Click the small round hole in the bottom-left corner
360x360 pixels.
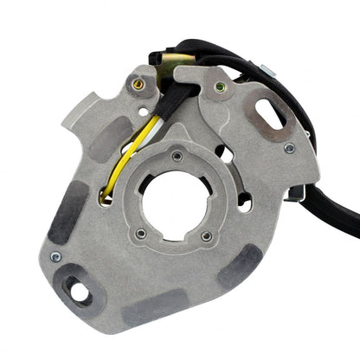[80, 292]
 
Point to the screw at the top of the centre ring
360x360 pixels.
[177, 157]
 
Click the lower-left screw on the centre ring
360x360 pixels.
[140, 233]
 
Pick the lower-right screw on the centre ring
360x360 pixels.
[206, 235]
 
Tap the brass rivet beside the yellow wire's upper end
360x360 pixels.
[138, 85]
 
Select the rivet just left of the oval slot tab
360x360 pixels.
[220, 87]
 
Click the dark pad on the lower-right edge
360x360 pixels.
[241, 266]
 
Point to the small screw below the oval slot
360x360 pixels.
[289, 148]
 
